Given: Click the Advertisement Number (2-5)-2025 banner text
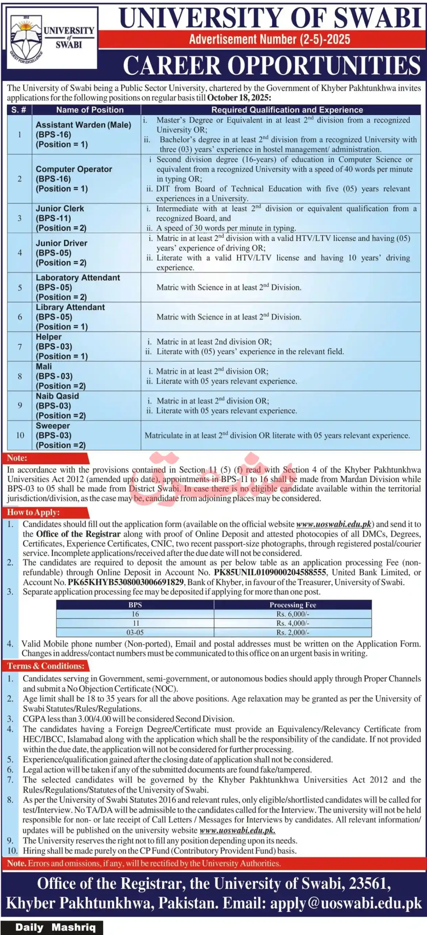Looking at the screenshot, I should (269, 39).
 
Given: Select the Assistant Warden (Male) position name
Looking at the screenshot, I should (83, 125).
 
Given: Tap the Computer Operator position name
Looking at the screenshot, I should (74, 169).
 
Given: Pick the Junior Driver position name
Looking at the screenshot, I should (61, 243).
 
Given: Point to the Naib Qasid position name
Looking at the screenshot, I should (57, 396).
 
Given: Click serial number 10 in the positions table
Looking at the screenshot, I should (20, 435).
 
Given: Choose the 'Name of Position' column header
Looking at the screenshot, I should (89, 110).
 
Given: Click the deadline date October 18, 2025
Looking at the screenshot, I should (239, 98).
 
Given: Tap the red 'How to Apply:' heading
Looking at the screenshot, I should (33, 512).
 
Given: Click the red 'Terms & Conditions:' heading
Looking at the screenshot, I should (46, 666).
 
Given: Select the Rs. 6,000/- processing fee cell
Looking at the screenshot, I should (293, 614).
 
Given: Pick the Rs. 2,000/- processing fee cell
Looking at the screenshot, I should (293, 633).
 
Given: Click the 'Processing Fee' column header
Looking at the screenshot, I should (293, 605).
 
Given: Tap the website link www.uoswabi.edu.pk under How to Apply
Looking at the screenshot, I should (333, 524).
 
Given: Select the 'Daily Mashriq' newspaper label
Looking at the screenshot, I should (55, 927).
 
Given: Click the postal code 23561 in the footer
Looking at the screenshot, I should (369, 883).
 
